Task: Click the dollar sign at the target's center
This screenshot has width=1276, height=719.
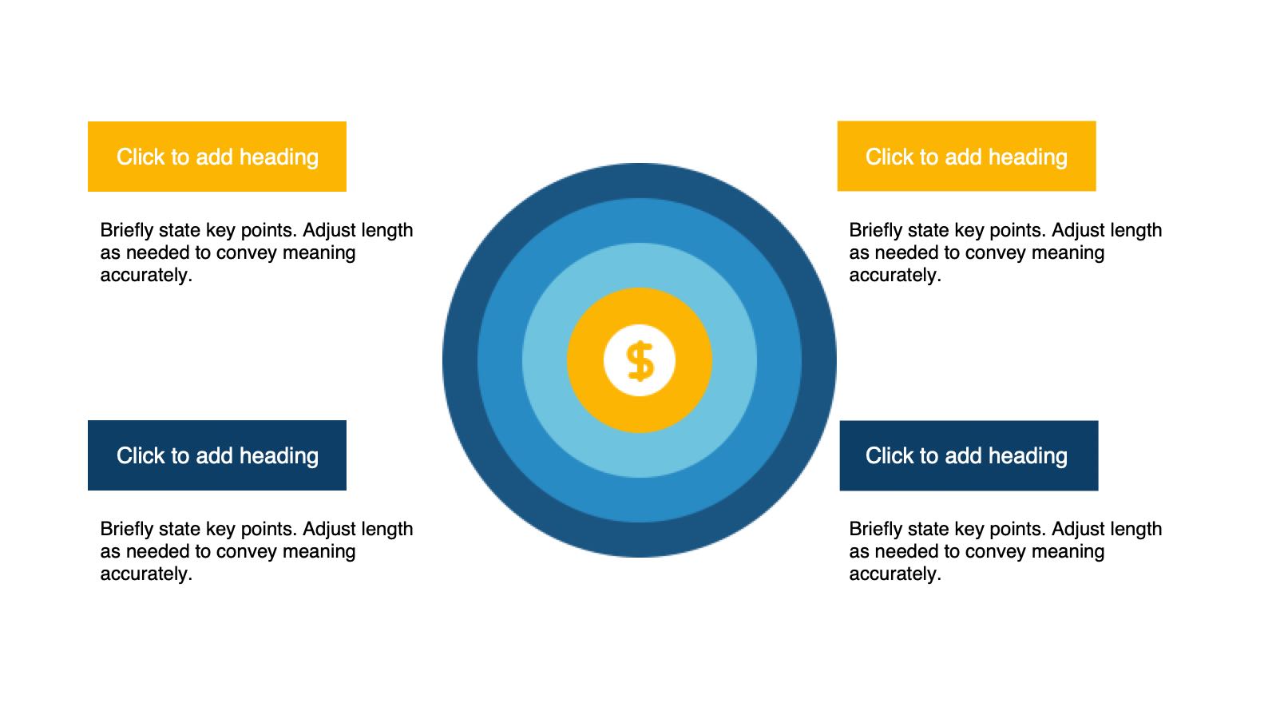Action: pos(640,360)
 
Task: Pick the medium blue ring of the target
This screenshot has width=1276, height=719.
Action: pos(500,360)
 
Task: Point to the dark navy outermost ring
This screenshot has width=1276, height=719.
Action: pos(460,360)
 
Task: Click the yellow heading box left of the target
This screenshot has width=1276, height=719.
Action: pos(217,157)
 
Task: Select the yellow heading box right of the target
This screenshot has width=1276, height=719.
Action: pos(966,156)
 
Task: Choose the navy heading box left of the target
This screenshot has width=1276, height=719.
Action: pos(217,455)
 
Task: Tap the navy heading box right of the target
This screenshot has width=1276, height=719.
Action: pos(969,456)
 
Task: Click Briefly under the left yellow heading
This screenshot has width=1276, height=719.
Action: pos(126,231)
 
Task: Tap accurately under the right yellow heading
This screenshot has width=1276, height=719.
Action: pos(895,275)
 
